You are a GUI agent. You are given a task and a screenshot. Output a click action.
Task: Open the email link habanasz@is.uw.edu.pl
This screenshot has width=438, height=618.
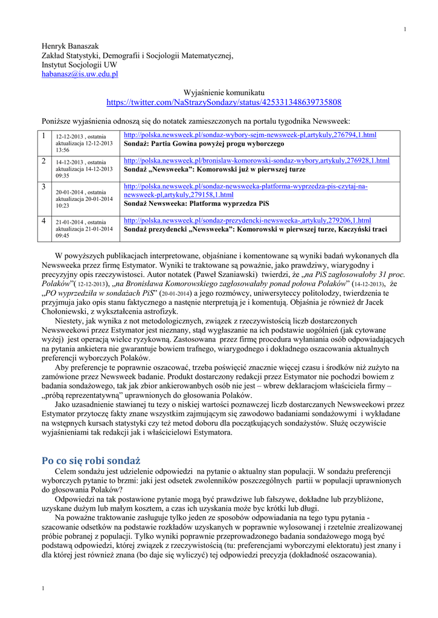pyautogui.click(x=80, y=74)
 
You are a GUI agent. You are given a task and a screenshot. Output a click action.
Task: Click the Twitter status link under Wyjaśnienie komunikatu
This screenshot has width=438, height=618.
pyautogui.click(x=224, y=103)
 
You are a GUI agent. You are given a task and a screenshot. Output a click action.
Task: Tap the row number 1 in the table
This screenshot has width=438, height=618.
pyautogui.click(x=44, y=136)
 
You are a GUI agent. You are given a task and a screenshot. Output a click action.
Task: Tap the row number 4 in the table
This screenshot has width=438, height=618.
pyautogui.click(x=44, y=221)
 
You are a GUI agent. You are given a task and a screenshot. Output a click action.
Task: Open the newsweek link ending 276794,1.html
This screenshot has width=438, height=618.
pyautogui.click(x=250, y=135)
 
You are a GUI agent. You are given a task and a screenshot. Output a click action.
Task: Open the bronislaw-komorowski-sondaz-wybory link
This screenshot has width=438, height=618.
pyautogui.click(x=256, y=161)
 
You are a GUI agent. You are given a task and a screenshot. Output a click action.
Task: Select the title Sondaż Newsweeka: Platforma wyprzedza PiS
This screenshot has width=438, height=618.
pyautogui.click(x=197, y=204)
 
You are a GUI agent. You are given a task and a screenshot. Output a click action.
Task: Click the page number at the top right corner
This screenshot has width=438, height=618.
pyautogui.click(x=405, y=30)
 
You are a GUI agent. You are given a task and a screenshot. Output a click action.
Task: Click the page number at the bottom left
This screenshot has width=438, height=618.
pyautogui.click(x=42, y=588)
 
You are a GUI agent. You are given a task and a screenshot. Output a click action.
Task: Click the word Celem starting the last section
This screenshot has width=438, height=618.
pyautogui.click(x=66, y=471)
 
